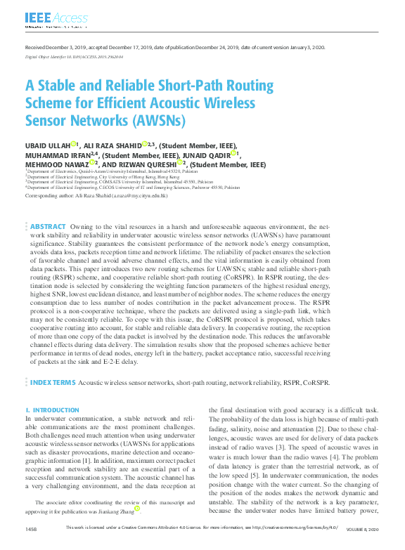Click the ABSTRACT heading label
(49, 227)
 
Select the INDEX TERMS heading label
(52, 383)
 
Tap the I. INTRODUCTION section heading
(51, 410)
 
